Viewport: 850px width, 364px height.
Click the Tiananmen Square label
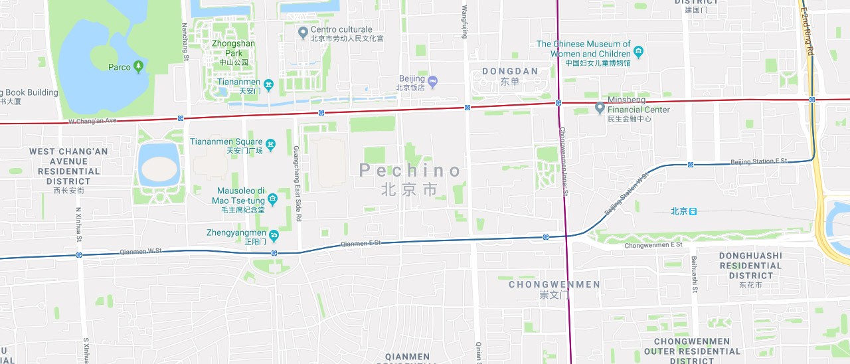(x=226, y=141)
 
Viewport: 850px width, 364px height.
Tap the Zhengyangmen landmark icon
(x=274, y=234)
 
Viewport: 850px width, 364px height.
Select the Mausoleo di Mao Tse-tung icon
(x=272, y=200)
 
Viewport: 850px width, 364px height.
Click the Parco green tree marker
(x=138, y=66)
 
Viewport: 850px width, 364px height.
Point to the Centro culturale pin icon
(x=303, y=31)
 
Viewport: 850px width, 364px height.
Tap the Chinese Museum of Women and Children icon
(x=638, y=52)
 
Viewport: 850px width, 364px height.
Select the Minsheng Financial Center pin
(x=600, y=107)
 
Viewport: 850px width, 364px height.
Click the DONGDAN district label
(x=509, y=71)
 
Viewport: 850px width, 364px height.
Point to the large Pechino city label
(x=410, y=171)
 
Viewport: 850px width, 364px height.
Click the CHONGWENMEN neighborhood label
(x=554, y=284)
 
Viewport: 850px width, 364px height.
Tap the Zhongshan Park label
(x=233, y=48)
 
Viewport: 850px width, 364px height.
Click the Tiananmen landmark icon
(x=268, y=84)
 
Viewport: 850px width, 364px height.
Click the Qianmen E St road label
(x=361, y=244)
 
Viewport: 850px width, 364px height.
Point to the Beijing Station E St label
(x=758, y=161)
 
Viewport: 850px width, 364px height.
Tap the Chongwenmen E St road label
(x=653, y=246)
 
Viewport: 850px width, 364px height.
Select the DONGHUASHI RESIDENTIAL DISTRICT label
(x=750, y=266)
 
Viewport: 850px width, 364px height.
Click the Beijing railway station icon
(x=693, y=211)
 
